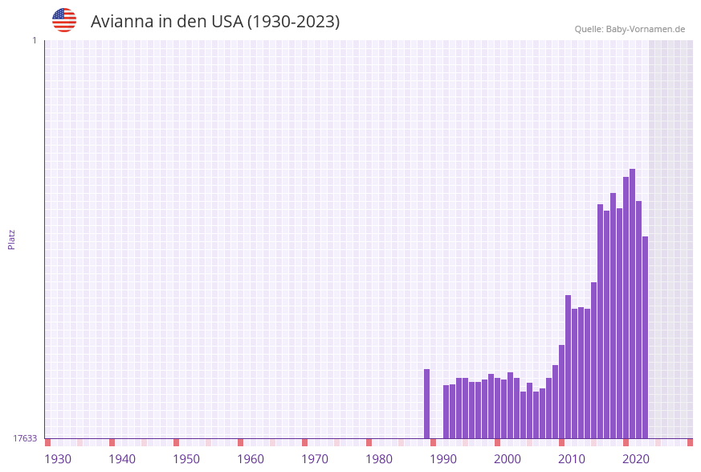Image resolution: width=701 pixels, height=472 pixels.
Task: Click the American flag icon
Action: click(x=64, y=20)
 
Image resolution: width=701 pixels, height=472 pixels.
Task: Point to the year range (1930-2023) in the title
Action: click(x=293, y=22)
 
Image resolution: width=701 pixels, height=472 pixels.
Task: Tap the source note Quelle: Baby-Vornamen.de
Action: click(x=630, y=29)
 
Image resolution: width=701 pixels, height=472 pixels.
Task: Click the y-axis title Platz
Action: click(x=12, y=239)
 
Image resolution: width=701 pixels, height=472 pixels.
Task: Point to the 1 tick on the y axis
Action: click(x=34, y=40)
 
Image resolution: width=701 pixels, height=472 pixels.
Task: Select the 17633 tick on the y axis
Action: click(x=25, y=438)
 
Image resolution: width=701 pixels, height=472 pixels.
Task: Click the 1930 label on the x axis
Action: click(x=58, y=459)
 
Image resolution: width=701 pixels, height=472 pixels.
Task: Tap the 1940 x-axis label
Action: click(x=122, y=459)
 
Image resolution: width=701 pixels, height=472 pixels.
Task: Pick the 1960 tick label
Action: click(x=251, y=459)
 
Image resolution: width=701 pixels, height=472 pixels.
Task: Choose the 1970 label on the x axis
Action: click(x=315, y=459)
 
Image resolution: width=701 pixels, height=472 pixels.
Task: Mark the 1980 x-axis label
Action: click(x=379, y=459)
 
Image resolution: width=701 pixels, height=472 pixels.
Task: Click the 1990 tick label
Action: click(x=443, y=459)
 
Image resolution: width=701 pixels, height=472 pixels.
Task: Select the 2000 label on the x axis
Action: click(x=507, y=459)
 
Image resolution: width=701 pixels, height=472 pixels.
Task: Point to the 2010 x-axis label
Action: click(x=572, y=459)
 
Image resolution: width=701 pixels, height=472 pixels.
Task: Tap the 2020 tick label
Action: click(x=636, y=459)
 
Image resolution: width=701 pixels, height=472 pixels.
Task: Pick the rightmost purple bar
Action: click(x=646, y=337)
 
